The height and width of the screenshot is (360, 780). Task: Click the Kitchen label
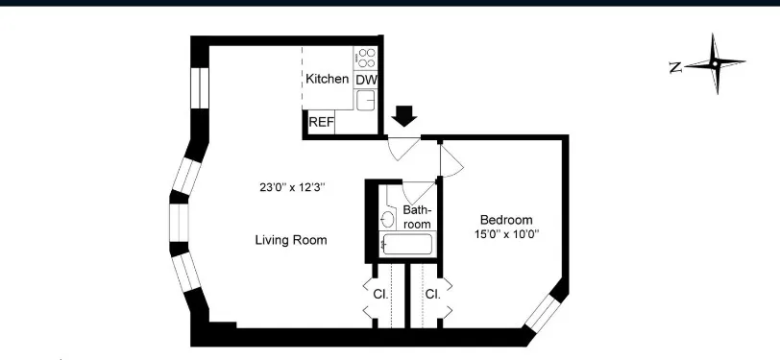pos(327,79)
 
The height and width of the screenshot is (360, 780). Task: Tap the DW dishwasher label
pos(366,80)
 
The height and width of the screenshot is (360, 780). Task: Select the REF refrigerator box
pos(321,123)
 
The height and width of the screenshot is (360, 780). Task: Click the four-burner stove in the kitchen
pos(366,57)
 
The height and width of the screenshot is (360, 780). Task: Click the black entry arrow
pos(405,115)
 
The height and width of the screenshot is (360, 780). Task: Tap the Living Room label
pos(290,240)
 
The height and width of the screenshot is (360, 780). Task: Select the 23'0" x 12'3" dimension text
pos(292,188)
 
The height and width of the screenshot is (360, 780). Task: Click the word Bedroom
pos(505,220)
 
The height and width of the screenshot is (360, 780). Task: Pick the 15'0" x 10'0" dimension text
pos(505,234)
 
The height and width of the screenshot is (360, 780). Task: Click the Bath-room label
pos(416,216)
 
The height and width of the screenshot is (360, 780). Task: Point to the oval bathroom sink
pos(388,219)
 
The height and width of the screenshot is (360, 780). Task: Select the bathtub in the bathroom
pos(407,244)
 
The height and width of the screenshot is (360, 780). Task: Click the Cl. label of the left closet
pos(381,294)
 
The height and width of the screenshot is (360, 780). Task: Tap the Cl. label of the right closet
pos(432,294)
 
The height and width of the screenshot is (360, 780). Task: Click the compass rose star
pos(715,64)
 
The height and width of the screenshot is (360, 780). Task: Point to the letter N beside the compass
pos(675,66)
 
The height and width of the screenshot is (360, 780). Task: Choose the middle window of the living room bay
pos(180,221)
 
